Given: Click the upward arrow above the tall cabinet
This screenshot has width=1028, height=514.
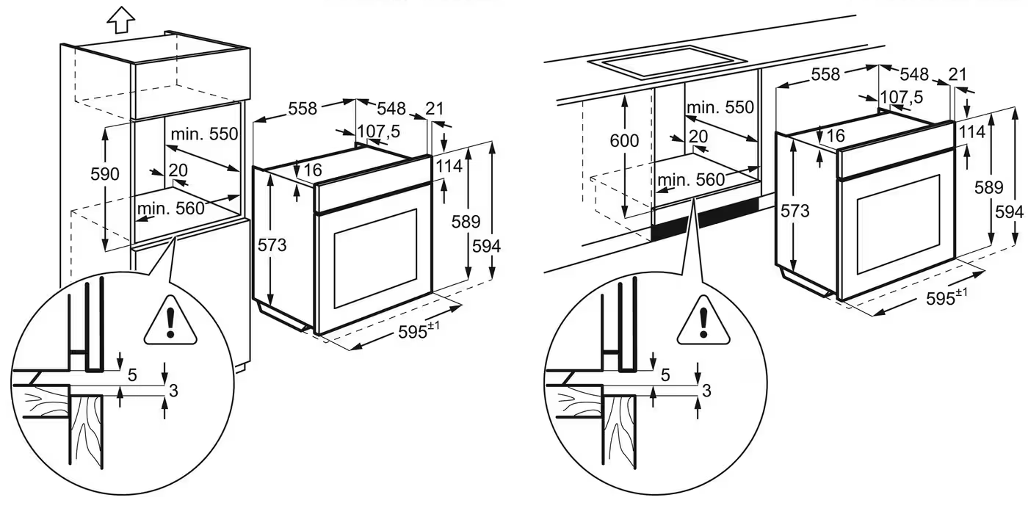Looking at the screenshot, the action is [x=121, y=20].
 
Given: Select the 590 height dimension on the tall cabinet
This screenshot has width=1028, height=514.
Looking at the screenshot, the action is [x=104, y=174].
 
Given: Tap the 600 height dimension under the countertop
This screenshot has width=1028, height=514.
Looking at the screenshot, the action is [x=624, y=140].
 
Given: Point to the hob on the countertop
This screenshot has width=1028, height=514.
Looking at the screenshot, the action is [x=667, y=62].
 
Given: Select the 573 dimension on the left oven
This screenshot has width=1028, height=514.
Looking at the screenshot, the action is [x=272, y=245].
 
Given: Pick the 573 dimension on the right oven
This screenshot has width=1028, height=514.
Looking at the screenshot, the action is [x=794, y=211].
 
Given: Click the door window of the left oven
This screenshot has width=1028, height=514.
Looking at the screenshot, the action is [x=375, y=258].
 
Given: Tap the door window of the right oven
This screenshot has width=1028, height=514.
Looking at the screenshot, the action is [x=899, y=224].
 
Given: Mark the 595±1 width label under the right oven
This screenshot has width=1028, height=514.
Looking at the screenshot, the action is [x=946, y=297].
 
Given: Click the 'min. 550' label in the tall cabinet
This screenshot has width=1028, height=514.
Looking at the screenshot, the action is [x=204, y=134].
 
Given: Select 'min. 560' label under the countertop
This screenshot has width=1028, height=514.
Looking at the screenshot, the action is [x=691, y=179].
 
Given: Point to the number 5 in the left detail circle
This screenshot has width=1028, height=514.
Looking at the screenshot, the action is [x=132, y=375].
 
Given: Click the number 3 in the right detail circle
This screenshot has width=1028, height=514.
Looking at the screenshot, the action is [x=706, y=391].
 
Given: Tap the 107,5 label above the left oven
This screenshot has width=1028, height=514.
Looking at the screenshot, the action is [x=379, y=131].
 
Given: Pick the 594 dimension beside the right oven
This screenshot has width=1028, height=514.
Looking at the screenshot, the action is [x=1009, y=212].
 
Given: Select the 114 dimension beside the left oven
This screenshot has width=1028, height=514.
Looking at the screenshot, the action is [x=449, y=166].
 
